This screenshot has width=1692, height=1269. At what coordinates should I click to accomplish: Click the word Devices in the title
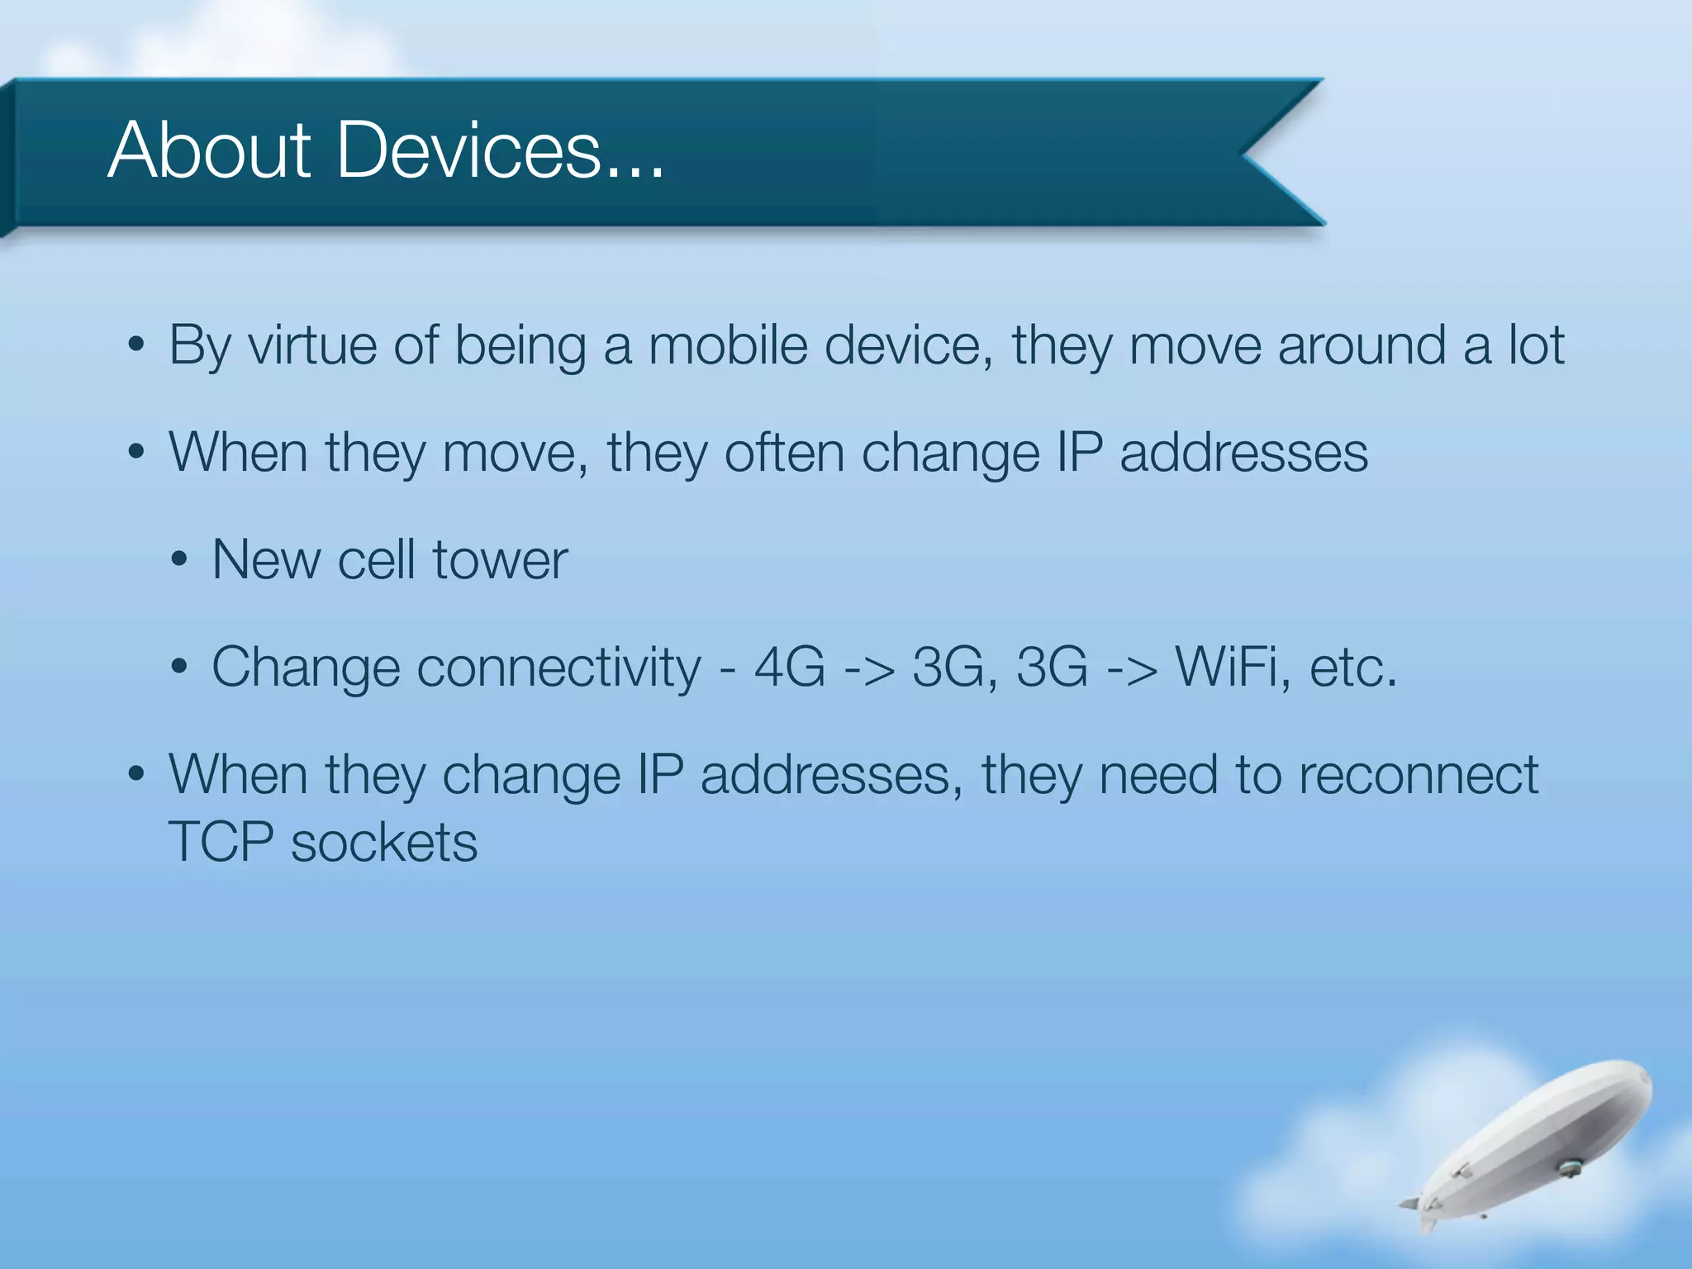click(x=468, y=150)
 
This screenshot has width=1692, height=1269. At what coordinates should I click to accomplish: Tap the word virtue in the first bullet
click(x=311, y=345)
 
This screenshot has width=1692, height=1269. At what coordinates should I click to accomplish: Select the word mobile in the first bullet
click(x=728, y=345)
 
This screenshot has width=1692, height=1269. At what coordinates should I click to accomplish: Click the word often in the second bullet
click(x=784, y=453)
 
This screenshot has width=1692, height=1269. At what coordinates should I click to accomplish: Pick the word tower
click(x=500, y=560)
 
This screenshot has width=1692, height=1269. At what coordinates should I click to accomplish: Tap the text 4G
click(x=790, y=668)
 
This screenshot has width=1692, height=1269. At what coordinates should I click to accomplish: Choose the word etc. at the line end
click(x=1352, y=668)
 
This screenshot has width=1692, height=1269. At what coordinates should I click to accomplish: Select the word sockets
click(x=384, y=843)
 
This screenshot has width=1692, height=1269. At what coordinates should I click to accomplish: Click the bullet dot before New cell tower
click(x=179, y=561)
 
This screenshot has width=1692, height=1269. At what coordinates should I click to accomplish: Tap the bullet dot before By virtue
click(x=136, y=345)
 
